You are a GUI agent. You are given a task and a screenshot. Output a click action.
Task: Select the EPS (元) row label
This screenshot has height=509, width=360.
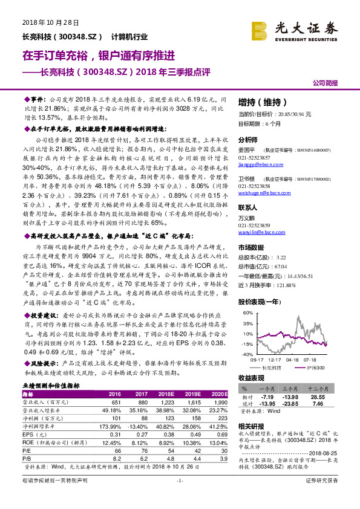tap(34, 434)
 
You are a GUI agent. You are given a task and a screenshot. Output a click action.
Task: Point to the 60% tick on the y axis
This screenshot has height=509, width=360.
tap(247, 313)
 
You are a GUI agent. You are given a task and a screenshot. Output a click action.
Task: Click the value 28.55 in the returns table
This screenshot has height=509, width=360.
tap(319, 396)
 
